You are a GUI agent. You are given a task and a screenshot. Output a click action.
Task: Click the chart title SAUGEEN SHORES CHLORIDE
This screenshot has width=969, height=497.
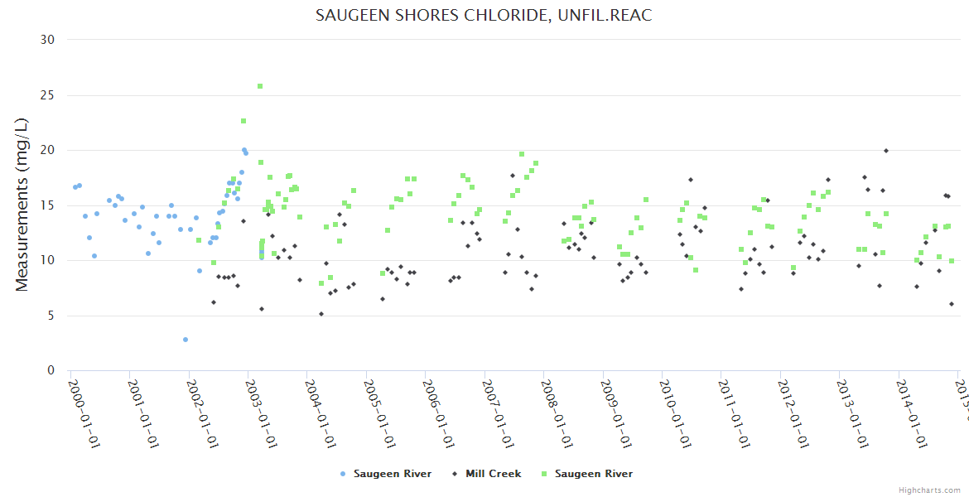pyautogui.click(x=484, y=16)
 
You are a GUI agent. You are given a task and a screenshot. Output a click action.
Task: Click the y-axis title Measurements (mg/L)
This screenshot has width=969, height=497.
pyautogui.click(x=22, y=205)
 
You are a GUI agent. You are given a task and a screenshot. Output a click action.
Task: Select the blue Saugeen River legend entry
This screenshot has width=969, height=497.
pyautogui.click(x=386, y=474)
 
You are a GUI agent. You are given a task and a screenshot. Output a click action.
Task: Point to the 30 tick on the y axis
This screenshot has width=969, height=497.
pyautogui.click(x=47, y=40)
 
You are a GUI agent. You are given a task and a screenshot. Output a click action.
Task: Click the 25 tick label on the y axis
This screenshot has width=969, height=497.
pyautogui.click(x=47, y=95)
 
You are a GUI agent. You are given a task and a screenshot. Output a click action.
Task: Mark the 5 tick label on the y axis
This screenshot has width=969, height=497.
pyautogui.click(x=51, y=316)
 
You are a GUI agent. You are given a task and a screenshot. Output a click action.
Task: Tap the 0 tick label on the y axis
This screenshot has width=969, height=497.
pyautogui.click(x=51, y=370)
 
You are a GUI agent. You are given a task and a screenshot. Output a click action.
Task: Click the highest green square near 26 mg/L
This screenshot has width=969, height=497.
pyautogui.click(x=260, y=86)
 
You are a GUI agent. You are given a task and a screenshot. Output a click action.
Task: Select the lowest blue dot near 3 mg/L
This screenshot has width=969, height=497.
pyautogui.click(x=186, y=340)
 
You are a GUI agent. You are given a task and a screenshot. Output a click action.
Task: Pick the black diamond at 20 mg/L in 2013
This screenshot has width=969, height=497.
pyautogui.click(x=886, y=151)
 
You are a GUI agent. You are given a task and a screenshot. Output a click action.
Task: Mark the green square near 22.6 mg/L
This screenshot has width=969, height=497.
pyautogui.click(x=243, y=121)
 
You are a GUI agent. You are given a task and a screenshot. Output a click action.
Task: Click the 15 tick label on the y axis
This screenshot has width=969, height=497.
pyautogui.click(x=47, y=205)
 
